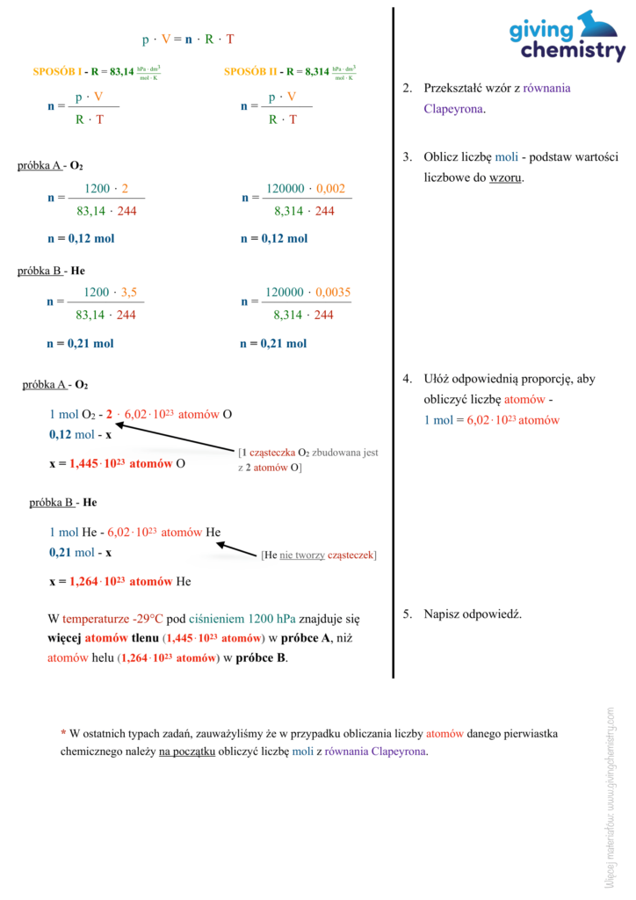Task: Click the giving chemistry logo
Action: [x=567, y=36]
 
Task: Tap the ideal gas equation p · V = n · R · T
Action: [x=188, y=40]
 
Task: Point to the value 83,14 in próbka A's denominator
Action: [x=92, y=211]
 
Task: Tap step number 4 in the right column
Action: [x=408, y=380]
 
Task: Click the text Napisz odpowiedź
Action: [x=473, y=613]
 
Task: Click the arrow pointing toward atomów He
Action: [x=235, y=548]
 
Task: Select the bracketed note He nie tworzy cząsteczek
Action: [x=319, y=555]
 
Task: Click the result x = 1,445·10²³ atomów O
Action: [x=117, y=464]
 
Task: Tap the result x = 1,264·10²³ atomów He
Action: [x=119, y=581]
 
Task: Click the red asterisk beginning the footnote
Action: [x=63, y=733]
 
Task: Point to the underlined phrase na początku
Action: [x=187, y=751]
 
